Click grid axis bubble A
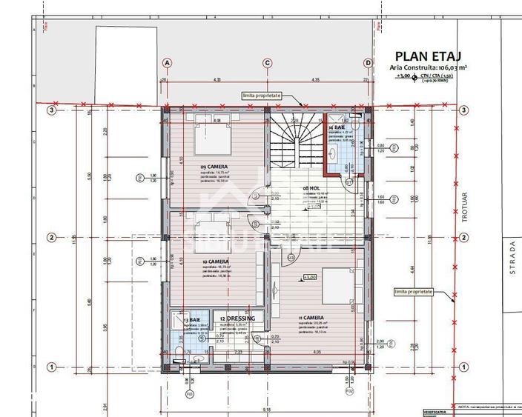click(167, 63)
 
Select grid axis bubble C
click(267, 63)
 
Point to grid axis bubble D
click(368, 63)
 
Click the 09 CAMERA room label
click(214, 167)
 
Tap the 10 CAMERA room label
click(214, 261)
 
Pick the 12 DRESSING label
click(237, 318)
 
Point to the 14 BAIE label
click(337, 127)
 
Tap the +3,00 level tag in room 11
click(309, 278)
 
